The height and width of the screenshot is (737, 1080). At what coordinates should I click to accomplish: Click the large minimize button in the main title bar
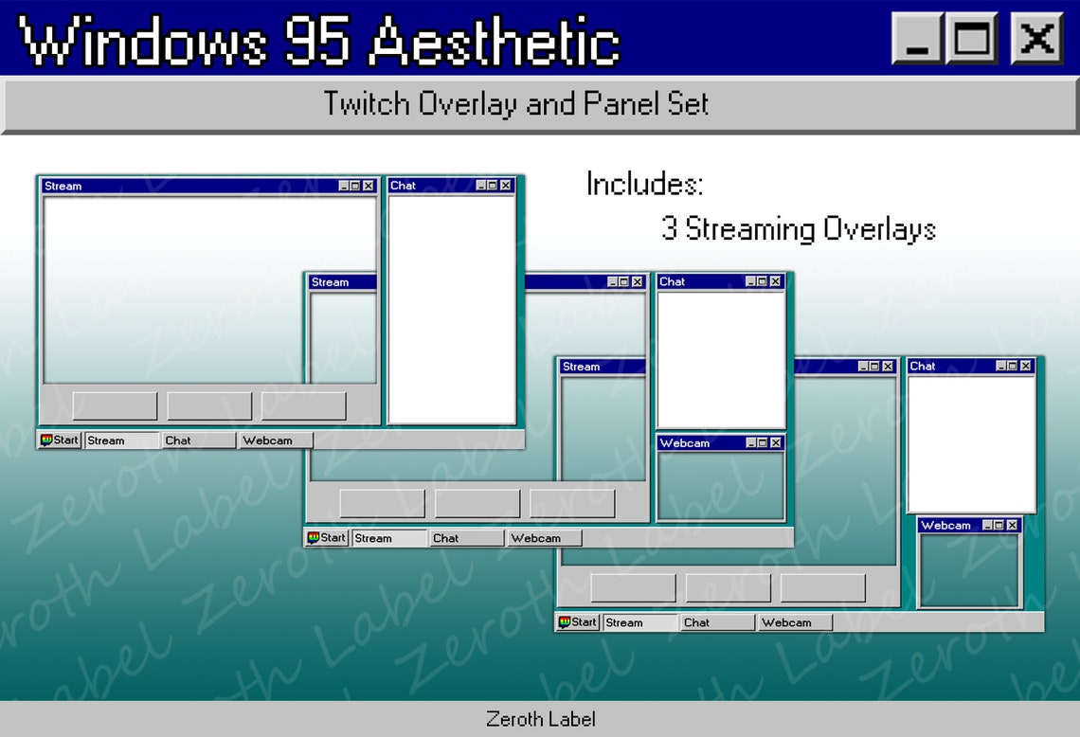[x=916, y=39]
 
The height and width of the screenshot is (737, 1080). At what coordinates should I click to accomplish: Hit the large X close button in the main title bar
[x=1036, y=39]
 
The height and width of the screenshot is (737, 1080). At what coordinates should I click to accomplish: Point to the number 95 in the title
[x=318, y=42]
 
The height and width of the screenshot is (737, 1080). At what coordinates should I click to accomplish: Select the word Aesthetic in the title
[x=495, y=42]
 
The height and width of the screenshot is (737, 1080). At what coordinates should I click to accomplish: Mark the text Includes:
[x=644, y=184]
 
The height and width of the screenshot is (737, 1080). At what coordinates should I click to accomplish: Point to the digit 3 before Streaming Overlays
[x=670, y=229]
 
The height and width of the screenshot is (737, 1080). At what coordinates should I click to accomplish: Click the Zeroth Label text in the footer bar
[x=540, y=719]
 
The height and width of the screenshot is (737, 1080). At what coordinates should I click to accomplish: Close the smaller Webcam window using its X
[x=1012, y=526]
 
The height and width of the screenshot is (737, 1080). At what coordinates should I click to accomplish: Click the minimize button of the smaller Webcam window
[x=988, y=526]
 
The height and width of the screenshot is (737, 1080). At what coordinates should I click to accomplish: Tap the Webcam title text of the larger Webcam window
[x=684, y=443]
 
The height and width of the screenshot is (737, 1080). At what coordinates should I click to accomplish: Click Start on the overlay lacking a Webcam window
[x=59, y=440]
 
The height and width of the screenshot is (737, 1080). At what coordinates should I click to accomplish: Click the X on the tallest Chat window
[x=506, y=186]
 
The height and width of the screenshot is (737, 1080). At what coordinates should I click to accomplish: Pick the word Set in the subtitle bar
[x=692, y=103]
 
